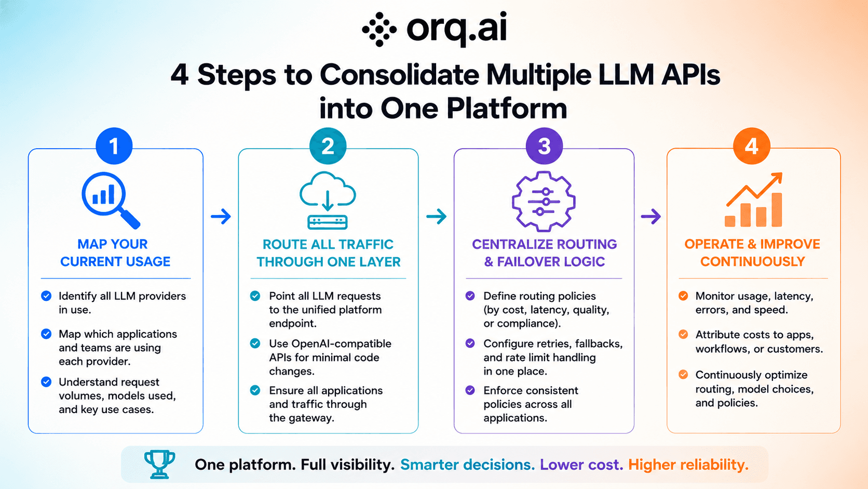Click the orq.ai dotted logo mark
click(x=379, y=30)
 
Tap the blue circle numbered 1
click(x=114, y=146)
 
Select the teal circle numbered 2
click(x=328, y=146)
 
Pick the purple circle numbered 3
click(x=544, y=146)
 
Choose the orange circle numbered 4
click(x=752, y=146)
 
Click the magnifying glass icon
click(x=111, y=200)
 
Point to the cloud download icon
click(x=328, y=201)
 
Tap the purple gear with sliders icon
click(x=544, y=201)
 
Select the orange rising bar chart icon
click(x=754, y=200)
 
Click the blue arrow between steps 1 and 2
click(x=221, y=216)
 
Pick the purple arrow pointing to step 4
click(x=651, y=216)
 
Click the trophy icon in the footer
click(x=159, y=464)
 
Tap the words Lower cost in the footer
click(x=581, y=465)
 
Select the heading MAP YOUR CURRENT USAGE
click(x=115, y=253)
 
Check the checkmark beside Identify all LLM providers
click(x=46, y=296)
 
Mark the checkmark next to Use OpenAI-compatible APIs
click(x=255, y=343)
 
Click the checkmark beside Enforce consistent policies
click(x=470, y=390)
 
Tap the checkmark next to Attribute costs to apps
click(x=683, y=334)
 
